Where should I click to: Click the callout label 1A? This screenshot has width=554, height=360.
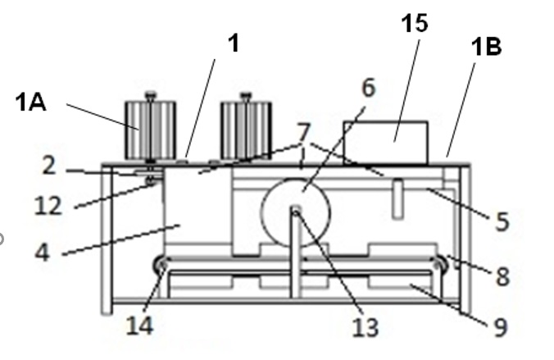coord(31,103)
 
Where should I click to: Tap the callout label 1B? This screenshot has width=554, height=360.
coord(487,47)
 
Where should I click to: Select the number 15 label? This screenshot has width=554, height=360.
coord(415,23)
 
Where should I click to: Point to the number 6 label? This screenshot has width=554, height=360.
coord(369,88)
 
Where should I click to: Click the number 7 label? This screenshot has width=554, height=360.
coord(303,133)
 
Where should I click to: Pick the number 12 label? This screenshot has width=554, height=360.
coord(48,206)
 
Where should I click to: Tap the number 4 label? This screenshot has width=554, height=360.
coord(43,253)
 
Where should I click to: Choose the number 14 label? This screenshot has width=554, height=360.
coord(140,326)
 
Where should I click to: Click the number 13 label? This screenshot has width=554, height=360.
coord(366,327)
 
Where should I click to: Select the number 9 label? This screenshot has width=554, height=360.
coord(500,327)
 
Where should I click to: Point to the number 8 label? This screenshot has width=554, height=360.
coord(503,276)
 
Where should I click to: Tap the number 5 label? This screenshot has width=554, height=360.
coord(502,221)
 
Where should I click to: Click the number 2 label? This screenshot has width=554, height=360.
coord(49,166)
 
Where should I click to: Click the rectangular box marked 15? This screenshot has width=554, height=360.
coord(386,143)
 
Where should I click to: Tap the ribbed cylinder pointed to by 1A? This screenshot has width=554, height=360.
coord(151,128)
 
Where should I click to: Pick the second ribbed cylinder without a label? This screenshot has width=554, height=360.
coord(246,128)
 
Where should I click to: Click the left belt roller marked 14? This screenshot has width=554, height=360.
coord(161,265)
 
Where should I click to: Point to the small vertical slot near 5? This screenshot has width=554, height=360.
coord(398,199)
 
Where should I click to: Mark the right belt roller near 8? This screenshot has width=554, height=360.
coord(439,264)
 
